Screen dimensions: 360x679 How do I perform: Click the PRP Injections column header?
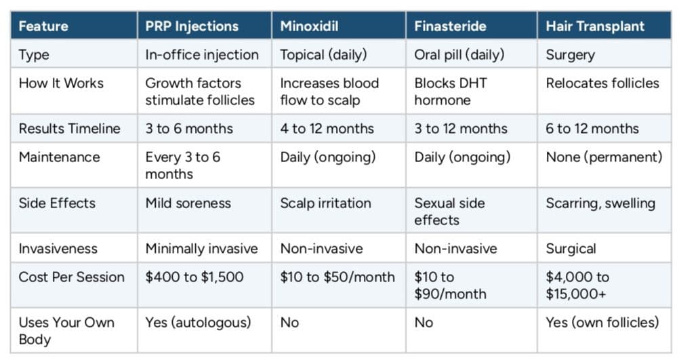(x=192, y=27)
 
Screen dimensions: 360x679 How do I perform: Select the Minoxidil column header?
(x=310, y=27)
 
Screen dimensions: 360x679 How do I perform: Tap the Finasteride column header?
(x=450, y=27)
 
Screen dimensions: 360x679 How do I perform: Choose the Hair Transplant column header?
(x=595, y=27)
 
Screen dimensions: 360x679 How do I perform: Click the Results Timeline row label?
(x=69, y=128)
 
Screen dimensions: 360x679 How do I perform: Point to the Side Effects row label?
(x=57, y=203)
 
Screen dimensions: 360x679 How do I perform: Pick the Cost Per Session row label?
(x=71, y=277)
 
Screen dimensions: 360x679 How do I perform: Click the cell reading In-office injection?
(x=202, y=55)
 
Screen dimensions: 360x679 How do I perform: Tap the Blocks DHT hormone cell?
(x=451, y=92)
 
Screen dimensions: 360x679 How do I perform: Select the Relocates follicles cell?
(x=602, y=83)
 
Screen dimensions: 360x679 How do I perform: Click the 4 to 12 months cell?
(x=327, y=128)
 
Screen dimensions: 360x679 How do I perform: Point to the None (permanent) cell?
(x=604, y=157)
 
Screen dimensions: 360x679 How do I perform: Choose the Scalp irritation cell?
(x=325, y=203)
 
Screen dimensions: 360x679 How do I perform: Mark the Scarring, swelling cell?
(x=600, y=203)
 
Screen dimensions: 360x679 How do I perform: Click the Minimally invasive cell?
(x=201, y=248)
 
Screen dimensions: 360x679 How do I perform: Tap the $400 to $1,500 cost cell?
(x=194, y=277)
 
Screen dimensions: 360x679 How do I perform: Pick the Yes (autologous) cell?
(x=198, y=322)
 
